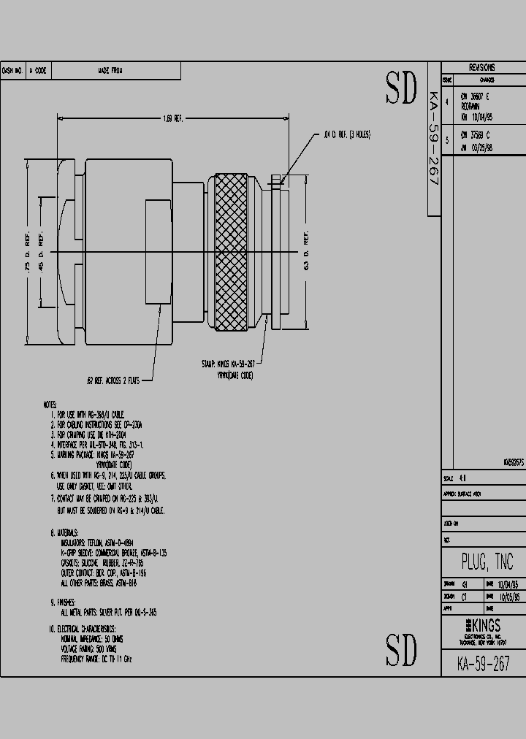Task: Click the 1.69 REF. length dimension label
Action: (x=172, y=118)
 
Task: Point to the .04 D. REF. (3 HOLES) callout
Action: (x=347, y=135)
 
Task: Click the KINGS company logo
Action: (x=482, y=625)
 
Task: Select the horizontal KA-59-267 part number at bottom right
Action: (x=482, y=663)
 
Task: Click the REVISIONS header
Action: (x=482, y=67)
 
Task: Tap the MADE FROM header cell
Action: (x=110, y=71)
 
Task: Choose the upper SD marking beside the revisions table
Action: (x=401, y=89)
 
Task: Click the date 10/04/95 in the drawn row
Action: (x=509, y=584)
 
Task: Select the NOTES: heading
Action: (x=50, y=404)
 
